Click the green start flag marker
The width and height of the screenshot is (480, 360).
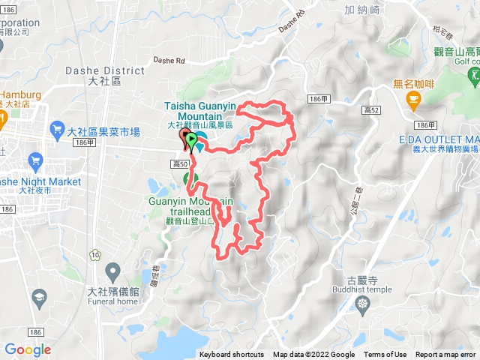point(191,140)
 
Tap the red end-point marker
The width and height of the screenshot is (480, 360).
point(184,136)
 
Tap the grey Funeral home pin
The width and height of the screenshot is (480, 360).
point(113,270)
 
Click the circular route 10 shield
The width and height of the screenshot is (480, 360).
point(94,255)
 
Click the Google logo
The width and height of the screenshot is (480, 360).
point(27,349)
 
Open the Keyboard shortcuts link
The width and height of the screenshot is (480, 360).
point(232,355)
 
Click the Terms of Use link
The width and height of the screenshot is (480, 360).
point(385,355)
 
